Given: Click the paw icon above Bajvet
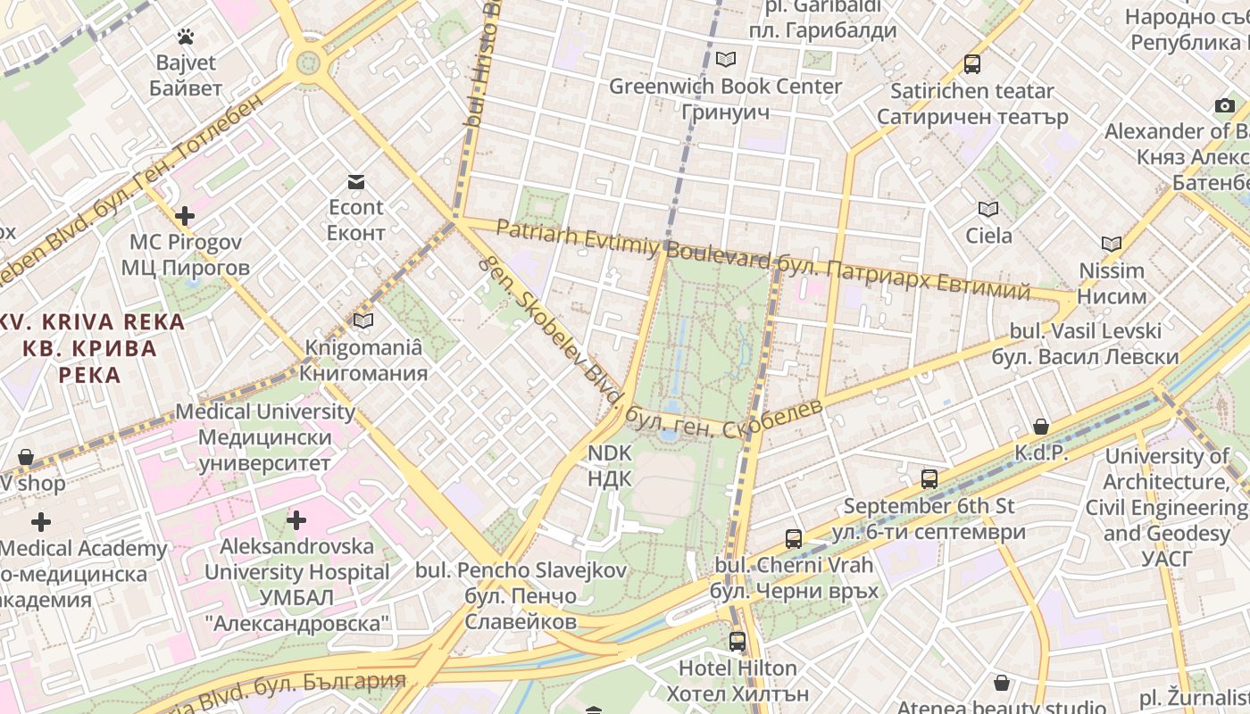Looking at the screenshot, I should tap(186, 37).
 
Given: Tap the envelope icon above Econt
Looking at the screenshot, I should tap(356, 182).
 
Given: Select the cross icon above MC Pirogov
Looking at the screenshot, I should tap(185, 216).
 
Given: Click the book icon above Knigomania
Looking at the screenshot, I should tap(362, 320).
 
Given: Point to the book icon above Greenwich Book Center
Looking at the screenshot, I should tap(726, 60).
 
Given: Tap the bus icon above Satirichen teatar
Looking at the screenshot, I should tap(972, 64).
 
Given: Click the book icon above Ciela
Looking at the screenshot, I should tap(987, 210).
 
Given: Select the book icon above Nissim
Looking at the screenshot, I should tap(1112, 244).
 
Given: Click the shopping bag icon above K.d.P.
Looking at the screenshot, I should tap(1041, 427).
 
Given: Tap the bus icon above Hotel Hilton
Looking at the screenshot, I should tap(737, 641).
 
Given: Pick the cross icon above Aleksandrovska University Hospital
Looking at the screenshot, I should tap(296, 519).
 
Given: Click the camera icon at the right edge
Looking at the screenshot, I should tap(1225, 106).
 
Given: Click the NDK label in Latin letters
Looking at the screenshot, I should tap(610, 453).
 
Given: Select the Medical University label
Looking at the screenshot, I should tap(265, 411).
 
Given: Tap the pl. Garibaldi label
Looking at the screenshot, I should tap(822, 7).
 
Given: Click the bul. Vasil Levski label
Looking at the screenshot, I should tap(1085, 331).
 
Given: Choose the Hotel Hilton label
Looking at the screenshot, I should tap(737, 668).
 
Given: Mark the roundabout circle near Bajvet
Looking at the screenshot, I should tap(308, 62).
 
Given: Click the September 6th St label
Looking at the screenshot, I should tap(929, 506).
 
